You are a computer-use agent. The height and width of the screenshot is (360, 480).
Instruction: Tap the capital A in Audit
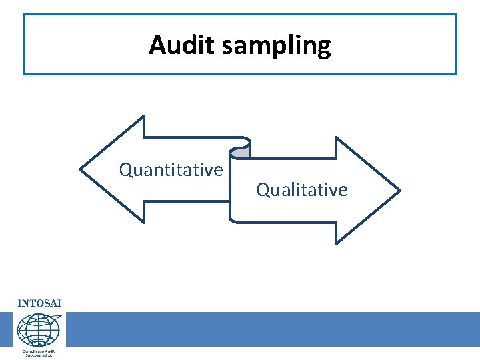[x=157, y=45]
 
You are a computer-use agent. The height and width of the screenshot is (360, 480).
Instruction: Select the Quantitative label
[x=171, y=170]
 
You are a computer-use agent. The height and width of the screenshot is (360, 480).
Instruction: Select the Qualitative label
[x=302, y=190]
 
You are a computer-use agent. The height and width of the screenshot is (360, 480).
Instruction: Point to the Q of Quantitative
[x=126, y=170]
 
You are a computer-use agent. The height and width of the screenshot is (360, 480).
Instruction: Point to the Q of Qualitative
[x=263, y=190]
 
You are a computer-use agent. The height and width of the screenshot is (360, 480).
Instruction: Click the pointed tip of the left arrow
[x=81, y=169]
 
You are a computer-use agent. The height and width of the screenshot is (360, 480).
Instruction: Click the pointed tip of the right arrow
[x=399, y=191]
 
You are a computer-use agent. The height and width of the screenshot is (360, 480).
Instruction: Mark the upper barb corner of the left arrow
[x=143, y=117]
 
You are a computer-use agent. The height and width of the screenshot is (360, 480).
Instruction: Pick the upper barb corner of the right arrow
[x=336, y=138]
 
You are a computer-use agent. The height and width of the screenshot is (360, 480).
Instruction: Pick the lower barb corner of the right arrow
[x=336, y=243]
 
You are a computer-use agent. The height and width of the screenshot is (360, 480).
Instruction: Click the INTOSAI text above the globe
[x=39, y=303]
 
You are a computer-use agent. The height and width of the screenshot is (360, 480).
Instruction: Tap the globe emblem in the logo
[x=39, y=329]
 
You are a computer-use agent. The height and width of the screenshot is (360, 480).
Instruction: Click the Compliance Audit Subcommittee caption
[x=39, y=353]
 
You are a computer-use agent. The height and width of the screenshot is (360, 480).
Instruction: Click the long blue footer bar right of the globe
[x=273, y=329]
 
